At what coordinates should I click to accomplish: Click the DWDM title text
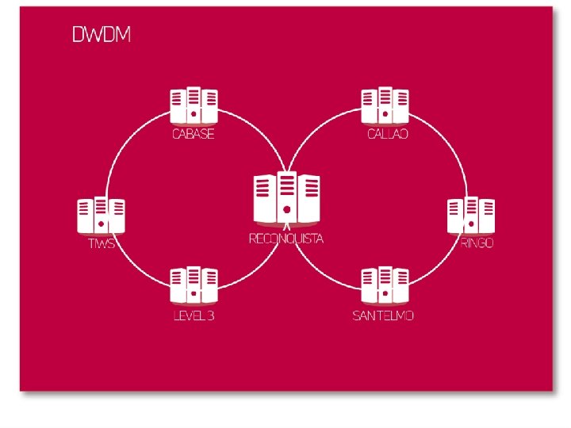(x=102, y=35)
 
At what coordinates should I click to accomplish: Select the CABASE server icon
(x=194, y=106)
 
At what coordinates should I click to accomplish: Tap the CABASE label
(x=194, y=134)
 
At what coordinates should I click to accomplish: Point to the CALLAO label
(x=388, y=134)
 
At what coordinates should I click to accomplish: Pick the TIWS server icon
(x=101, y=216)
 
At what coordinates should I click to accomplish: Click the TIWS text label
(x=102, y=243)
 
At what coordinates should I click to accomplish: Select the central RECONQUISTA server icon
(x=286, y=198)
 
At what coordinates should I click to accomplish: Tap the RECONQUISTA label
(x=286, y=239)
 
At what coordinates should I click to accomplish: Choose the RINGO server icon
(x=471, y=216)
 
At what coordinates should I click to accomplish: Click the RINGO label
(x=477, y=243)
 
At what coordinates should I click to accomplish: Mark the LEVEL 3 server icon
(x=194, y=287)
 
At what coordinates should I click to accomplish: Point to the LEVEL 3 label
(x=194, y=315)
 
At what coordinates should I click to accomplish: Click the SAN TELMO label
(x=383, y=315)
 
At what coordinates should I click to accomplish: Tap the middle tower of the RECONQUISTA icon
(x=286, y=197)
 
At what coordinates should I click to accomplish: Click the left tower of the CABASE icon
(x=178, y=107)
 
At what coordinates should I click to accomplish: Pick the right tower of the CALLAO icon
(x=402, y=107)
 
